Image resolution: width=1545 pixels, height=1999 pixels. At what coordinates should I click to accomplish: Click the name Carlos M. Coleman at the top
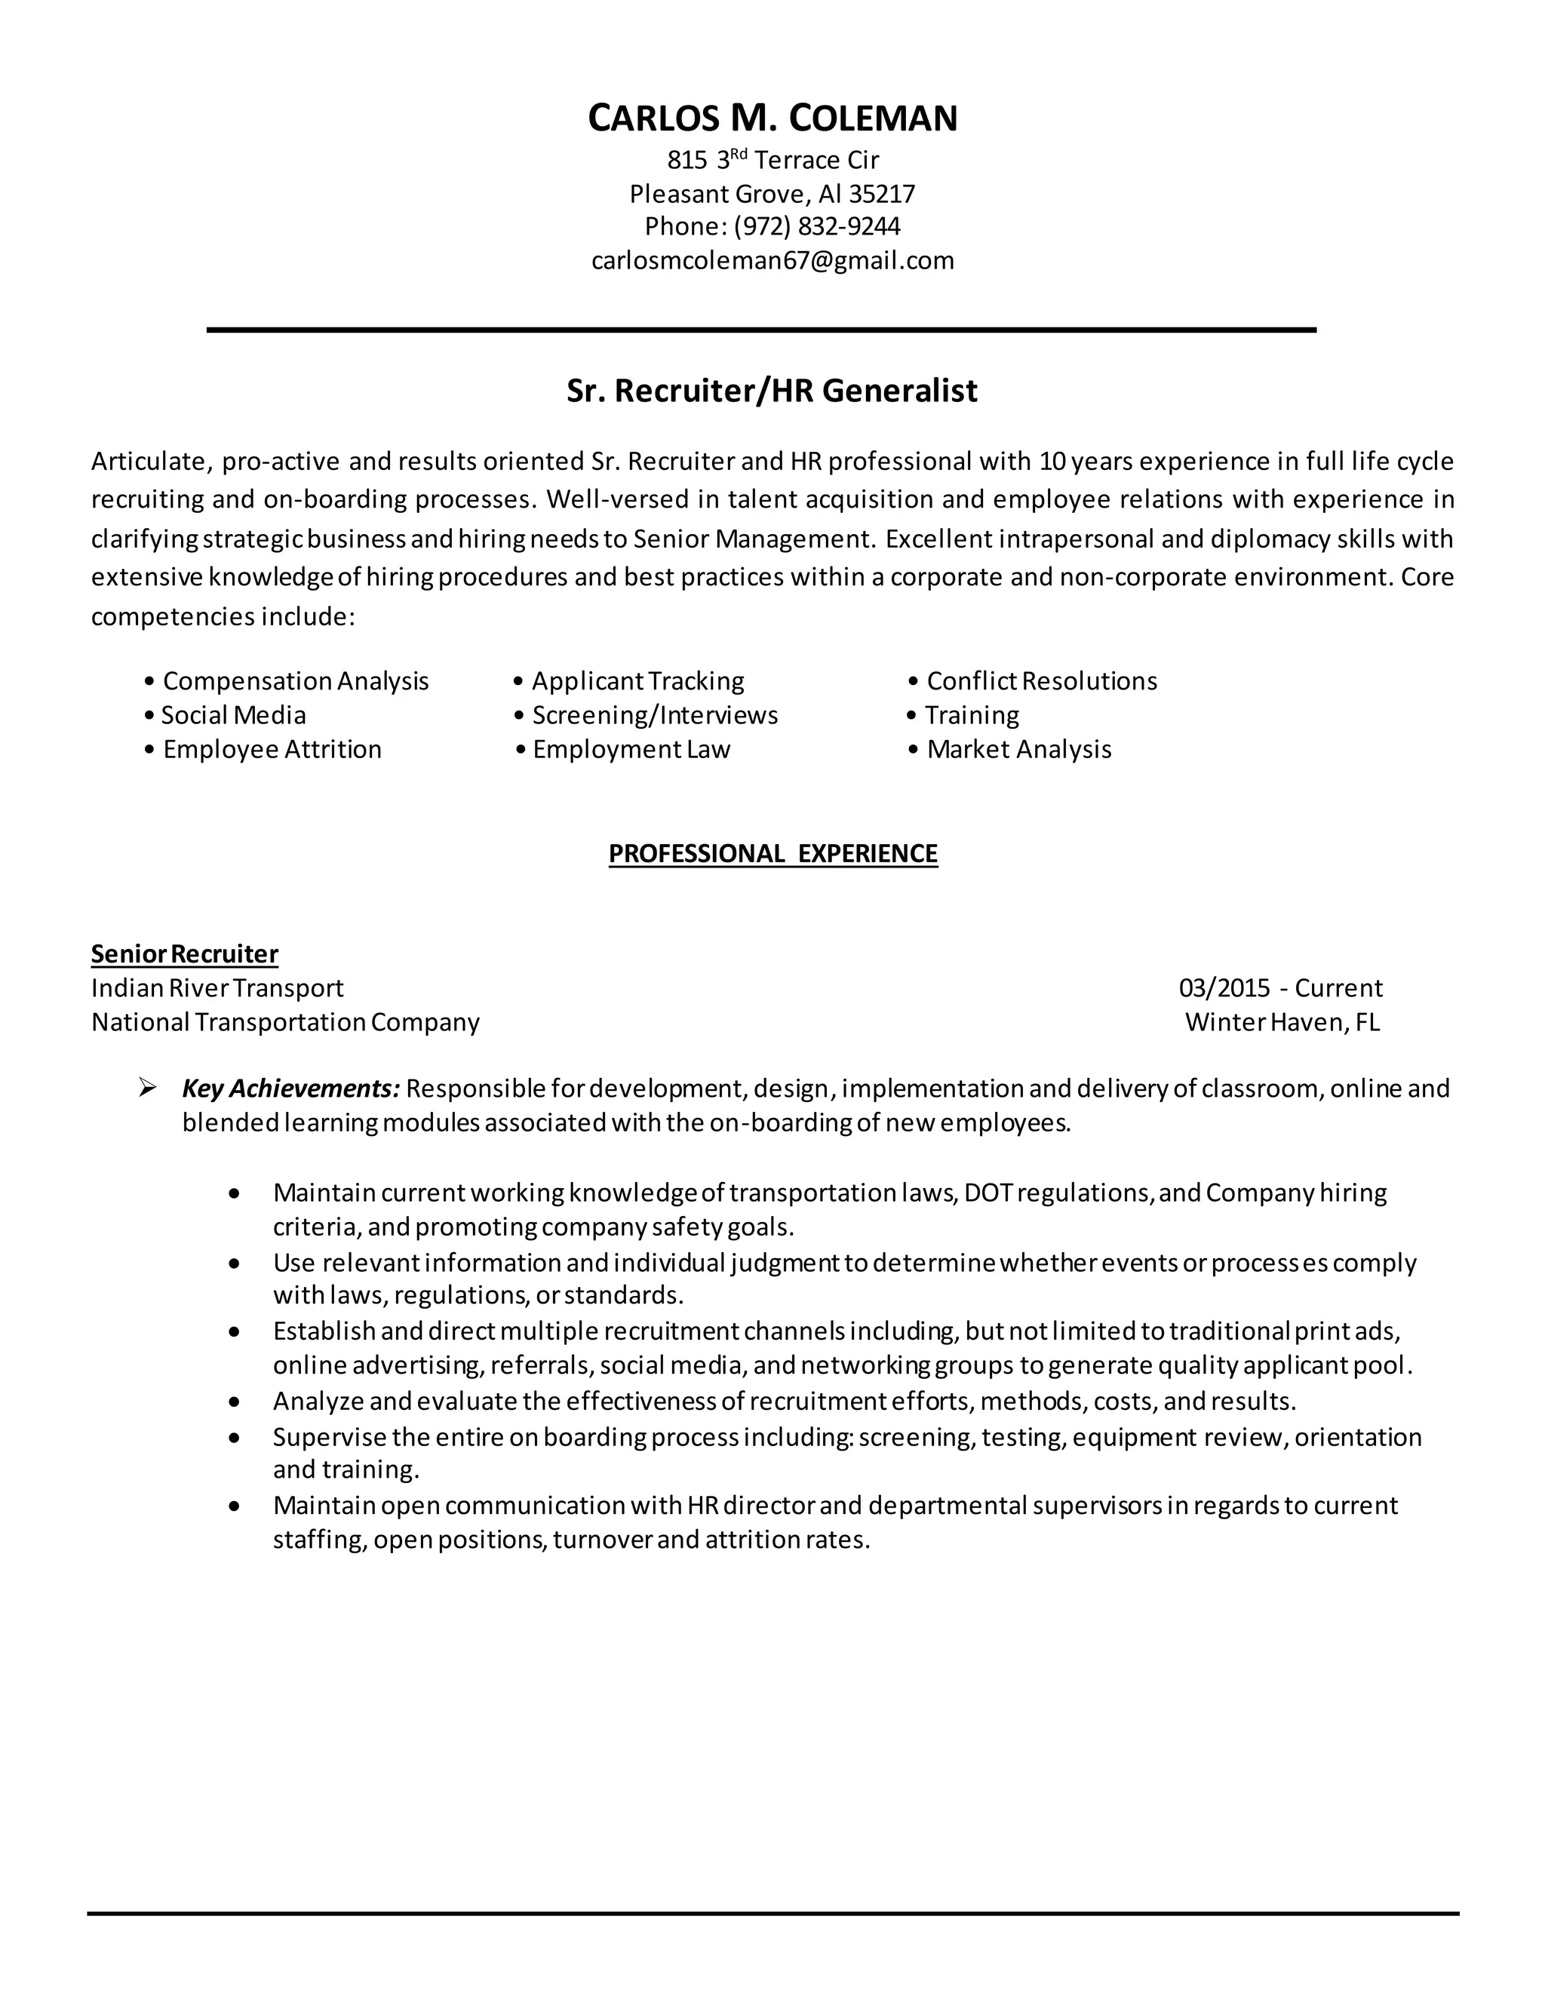pyautogui.click(x=772, y=119)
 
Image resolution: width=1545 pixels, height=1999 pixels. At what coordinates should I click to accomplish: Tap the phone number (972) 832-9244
pyautogui.click(x=816, y=226)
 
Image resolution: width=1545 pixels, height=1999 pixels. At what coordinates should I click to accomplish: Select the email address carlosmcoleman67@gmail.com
pyautogui.click(x=772, y=261)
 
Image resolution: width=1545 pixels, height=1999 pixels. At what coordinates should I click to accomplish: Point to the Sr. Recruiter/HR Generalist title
pyautogui.click(x=772, y=391)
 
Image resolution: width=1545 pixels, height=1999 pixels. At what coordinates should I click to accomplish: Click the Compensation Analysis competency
pyautogui.click(x=295, y=681)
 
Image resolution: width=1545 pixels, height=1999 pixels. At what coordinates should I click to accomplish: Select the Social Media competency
pyautogui.click(x=232, y=715)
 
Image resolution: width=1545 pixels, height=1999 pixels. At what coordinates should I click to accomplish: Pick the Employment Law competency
pyautogui.click(x=631, y=750)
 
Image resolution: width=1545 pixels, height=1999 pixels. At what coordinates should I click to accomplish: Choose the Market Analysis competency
pyautogui.click(x=1018, y=750)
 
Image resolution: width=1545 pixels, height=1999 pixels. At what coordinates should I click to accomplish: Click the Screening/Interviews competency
pyautogui.click(x=654, y=715)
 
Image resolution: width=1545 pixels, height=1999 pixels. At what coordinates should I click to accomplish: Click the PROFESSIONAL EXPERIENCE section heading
pyautogui.click(x=772, y=853)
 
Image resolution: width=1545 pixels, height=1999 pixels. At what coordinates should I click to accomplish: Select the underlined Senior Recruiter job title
pyautogui.click(x=184, y=953)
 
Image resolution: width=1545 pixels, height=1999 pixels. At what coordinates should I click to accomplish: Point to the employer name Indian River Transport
pyautogui.click(x=217, y=988)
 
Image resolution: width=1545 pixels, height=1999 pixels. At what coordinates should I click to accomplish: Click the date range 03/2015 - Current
pyautogui.click(x=1279, y=988)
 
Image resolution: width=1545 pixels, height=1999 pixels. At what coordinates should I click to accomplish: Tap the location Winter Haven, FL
pyautogui.click(x=1282, y=1022)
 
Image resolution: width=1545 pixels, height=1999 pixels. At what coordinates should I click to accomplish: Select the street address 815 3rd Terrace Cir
pyautogui.click(x=772, y=160)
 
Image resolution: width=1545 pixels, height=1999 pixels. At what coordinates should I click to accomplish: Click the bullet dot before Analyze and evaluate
pyautogui.click(x=235, y=1402)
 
